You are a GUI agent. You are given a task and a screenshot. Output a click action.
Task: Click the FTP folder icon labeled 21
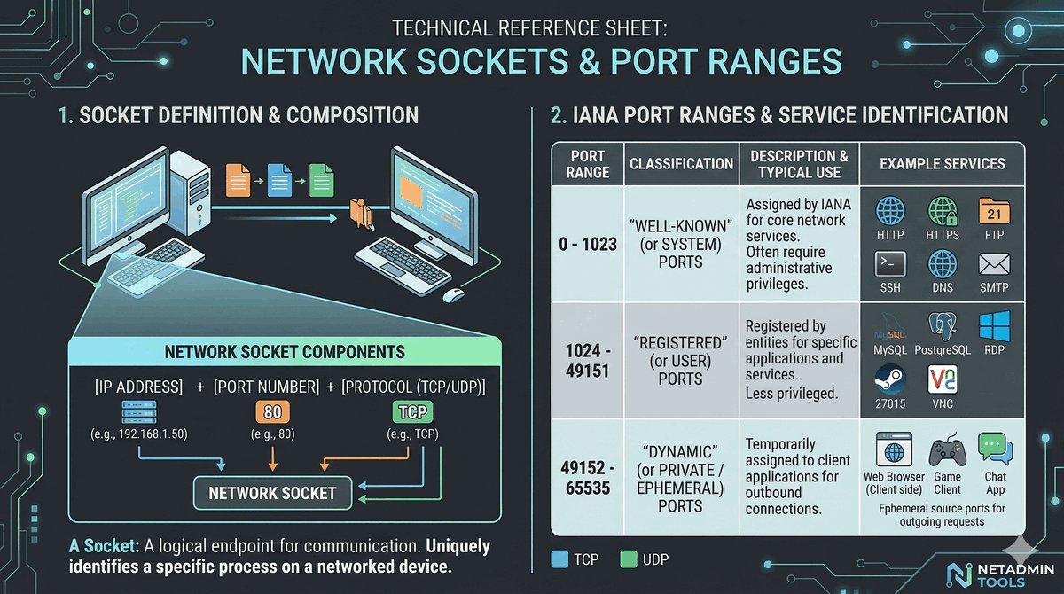click(x=993, y=213)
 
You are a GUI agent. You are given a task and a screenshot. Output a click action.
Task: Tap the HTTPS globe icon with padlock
click(x=942, y=213)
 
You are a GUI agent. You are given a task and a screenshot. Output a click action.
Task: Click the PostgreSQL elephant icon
click(x=942, y=327)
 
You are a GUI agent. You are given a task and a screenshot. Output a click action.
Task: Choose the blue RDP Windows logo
click(x=993, y=325)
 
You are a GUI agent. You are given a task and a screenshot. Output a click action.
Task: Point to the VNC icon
click(x=942, y=379)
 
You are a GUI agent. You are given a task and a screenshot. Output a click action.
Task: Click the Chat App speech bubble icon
click(x=995, y=448)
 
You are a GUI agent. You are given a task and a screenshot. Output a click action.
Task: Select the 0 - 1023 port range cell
click(x=587, y=244)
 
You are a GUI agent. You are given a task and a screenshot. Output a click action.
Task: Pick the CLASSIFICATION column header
click(x=681, y=164)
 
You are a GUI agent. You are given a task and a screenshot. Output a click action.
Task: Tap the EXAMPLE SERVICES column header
click(x=942, y=164)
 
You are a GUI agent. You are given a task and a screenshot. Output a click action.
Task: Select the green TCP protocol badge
click(x=411, y=413)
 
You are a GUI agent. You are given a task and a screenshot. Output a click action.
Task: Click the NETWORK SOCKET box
click(x=271, y=493)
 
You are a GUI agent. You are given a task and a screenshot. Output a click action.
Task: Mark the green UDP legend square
click(x=629, y=559)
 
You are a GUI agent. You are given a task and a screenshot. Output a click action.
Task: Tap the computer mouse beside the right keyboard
click(x=453, y=294)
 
